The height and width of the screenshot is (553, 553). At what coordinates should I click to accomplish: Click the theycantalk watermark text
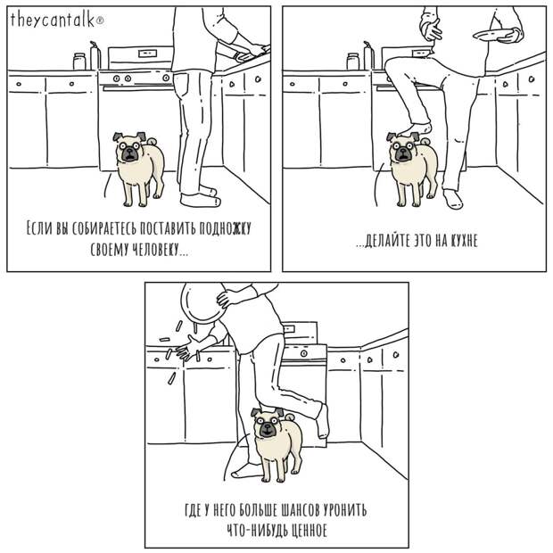[57, 20]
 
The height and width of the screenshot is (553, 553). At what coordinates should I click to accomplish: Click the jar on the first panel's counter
[79, 62]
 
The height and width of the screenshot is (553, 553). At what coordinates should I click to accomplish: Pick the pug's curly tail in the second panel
[425, 141]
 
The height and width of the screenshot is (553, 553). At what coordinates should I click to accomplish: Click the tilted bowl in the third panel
[203, 303]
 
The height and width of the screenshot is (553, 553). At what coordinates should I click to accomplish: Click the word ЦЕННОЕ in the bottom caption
[305, 531]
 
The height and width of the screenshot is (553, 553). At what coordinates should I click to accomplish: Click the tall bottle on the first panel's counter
[95, 55]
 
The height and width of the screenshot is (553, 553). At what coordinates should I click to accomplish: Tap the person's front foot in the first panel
[200, 201]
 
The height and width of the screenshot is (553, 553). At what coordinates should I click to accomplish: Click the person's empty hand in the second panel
[431, 29]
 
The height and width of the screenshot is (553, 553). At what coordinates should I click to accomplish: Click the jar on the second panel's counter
[352, 62]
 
